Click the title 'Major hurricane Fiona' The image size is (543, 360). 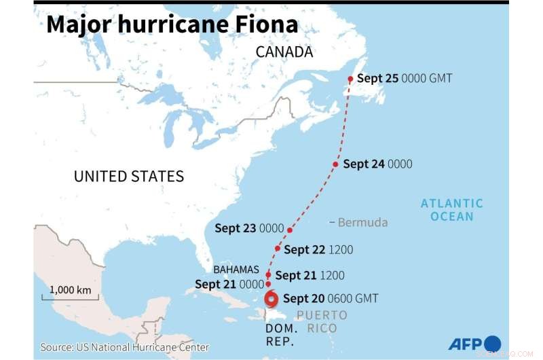tap(172, 24)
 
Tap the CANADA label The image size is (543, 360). tap(284, 52)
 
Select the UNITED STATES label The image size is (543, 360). tap(128, 177)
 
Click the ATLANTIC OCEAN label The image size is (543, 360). tap(451, 209)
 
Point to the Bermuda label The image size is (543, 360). tap(362, 222)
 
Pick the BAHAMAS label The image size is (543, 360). tap(237, 270)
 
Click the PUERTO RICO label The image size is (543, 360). tap(322, 321)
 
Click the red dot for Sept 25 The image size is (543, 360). tap(350, 79)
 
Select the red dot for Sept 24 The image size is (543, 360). tap(335, 164)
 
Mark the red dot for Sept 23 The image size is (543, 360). tap(290, 230)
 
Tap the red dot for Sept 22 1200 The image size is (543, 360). tap(278, 248)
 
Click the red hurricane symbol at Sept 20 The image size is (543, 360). tap(271, 299)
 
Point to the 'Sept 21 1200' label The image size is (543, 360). tap(310, 275)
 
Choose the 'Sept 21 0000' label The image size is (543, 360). tap(229, 284)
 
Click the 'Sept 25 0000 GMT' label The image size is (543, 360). tap(404, 79)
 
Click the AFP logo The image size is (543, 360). tap(474, 343)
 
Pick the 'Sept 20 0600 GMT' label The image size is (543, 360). tap(331, 298)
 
